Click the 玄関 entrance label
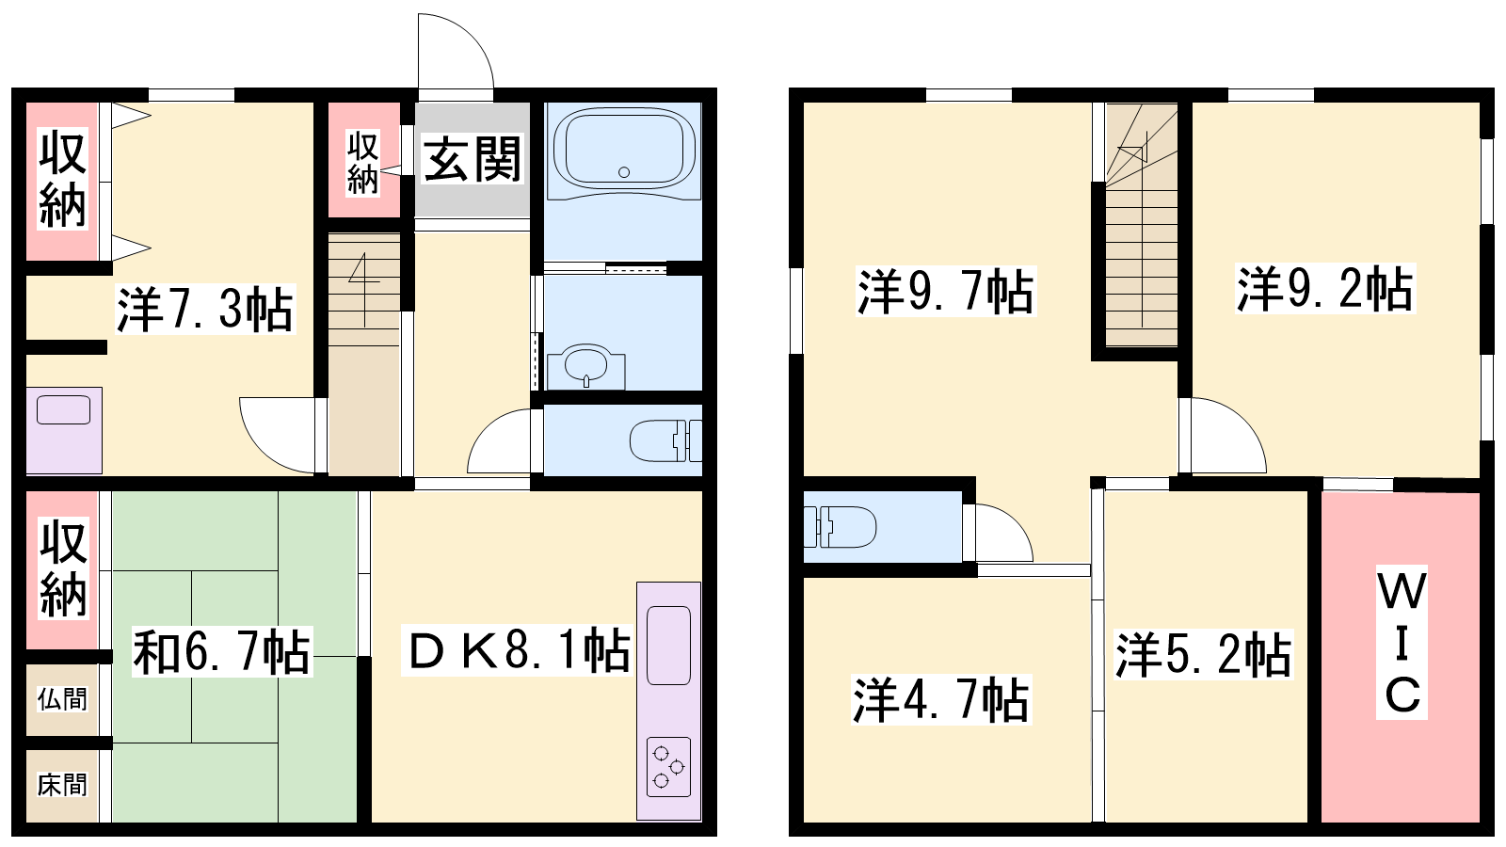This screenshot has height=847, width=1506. (x=472, y=159)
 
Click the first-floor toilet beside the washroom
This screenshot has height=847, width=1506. (x=665, y=440)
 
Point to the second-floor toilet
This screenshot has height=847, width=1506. (x=841, y=526)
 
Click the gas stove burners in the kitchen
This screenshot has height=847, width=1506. (x=668, y=767)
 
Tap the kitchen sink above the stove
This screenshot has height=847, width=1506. (x=668, y=646)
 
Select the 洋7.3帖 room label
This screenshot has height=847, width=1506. (x=205, y=310)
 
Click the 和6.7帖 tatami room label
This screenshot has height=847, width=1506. (x=222, y=651)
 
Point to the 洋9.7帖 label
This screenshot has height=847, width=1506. (x=946, y=292)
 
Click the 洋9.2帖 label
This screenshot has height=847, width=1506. (x=1325, y=289)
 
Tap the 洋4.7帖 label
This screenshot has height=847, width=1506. (x=941, y=700)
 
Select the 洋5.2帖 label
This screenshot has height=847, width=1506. (x=1204, y=654)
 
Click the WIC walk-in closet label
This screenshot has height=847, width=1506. (x=1402, y=644)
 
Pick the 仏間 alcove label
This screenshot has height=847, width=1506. (x=62, y=700)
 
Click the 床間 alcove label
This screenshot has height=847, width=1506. (x=62, y=785)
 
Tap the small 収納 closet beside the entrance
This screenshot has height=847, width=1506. (x=363, y=164)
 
